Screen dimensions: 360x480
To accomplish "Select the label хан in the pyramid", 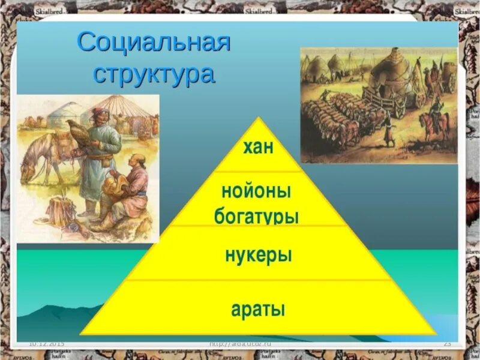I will pos(259,148).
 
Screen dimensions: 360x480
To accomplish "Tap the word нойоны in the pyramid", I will pos(256,192).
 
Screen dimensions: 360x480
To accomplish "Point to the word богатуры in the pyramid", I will pos(256,216).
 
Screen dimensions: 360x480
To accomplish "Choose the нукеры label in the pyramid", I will pos(258,254).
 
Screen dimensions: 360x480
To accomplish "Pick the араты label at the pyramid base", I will pos(258,310).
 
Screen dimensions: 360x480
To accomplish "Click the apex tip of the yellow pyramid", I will pos(259,118).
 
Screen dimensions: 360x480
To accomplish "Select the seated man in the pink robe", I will pos(126,192).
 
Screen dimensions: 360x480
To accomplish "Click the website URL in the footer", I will pos(240,343).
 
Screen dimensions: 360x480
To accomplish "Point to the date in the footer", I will pos(46,343).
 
